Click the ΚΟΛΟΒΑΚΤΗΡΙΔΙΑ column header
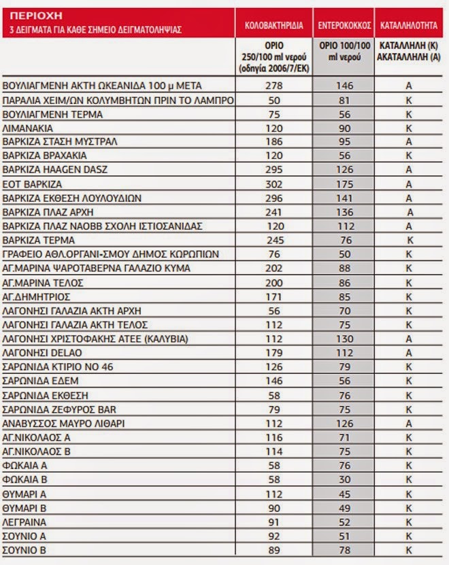coord(273,24)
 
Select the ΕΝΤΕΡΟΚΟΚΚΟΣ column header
coord(344,24)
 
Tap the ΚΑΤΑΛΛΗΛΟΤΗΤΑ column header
coord(409,24)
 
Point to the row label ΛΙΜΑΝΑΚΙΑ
coord(28,128)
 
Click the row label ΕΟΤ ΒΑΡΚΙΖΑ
coord(32,184)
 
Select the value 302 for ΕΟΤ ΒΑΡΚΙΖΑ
coord(274,184)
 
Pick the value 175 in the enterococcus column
coord(344,184)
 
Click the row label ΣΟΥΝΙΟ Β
coord(24,549)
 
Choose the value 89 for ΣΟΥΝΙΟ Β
coord(274,549)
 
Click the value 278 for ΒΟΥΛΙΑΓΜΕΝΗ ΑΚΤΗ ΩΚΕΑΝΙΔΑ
coord(274,86)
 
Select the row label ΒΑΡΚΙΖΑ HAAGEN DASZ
coord(55,170)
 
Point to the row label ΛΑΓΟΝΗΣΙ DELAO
coord(39,352)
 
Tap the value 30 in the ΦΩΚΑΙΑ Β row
coord(344,479)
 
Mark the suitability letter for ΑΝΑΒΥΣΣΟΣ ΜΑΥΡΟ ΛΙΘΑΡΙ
coord(410,423)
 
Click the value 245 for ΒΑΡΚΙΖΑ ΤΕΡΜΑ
coord(274,240)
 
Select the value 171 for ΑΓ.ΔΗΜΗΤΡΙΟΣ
coord(274,296)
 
